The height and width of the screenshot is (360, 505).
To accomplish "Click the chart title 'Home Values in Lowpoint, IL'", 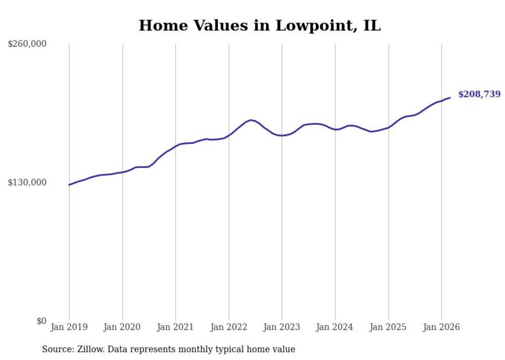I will tap(260, 25).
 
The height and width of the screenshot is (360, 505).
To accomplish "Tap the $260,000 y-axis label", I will tap(27, 44).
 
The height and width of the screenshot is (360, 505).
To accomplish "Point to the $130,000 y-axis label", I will tap(27, 182).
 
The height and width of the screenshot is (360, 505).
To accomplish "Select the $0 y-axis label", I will tap(42, 321).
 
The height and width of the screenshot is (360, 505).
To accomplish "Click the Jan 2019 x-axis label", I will tap(69, 327).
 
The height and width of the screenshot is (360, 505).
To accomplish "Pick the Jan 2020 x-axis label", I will tap(122, 327).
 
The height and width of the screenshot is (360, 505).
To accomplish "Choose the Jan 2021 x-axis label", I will tap(175, 327).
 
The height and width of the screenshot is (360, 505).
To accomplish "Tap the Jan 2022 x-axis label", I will tap(229, 327).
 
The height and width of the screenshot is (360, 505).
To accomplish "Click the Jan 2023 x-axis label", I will tap(282, 327).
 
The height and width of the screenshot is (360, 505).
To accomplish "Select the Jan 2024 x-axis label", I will tap(335, 327).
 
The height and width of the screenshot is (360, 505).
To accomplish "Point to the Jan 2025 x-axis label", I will tap(388, 327).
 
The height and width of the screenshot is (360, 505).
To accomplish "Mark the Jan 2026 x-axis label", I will tap(442, 327).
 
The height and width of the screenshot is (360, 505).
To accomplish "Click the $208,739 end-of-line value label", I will tap(479, 94).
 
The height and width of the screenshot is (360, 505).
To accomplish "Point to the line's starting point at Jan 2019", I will tap(69, 184).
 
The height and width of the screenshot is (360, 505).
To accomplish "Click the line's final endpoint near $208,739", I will tap(450, 98).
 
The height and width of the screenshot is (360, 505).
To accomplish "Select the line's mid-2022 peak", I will tap(250, 120).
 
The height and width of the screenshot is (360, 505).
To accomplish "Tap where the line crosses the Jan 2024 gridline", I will tap(335, 129).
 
